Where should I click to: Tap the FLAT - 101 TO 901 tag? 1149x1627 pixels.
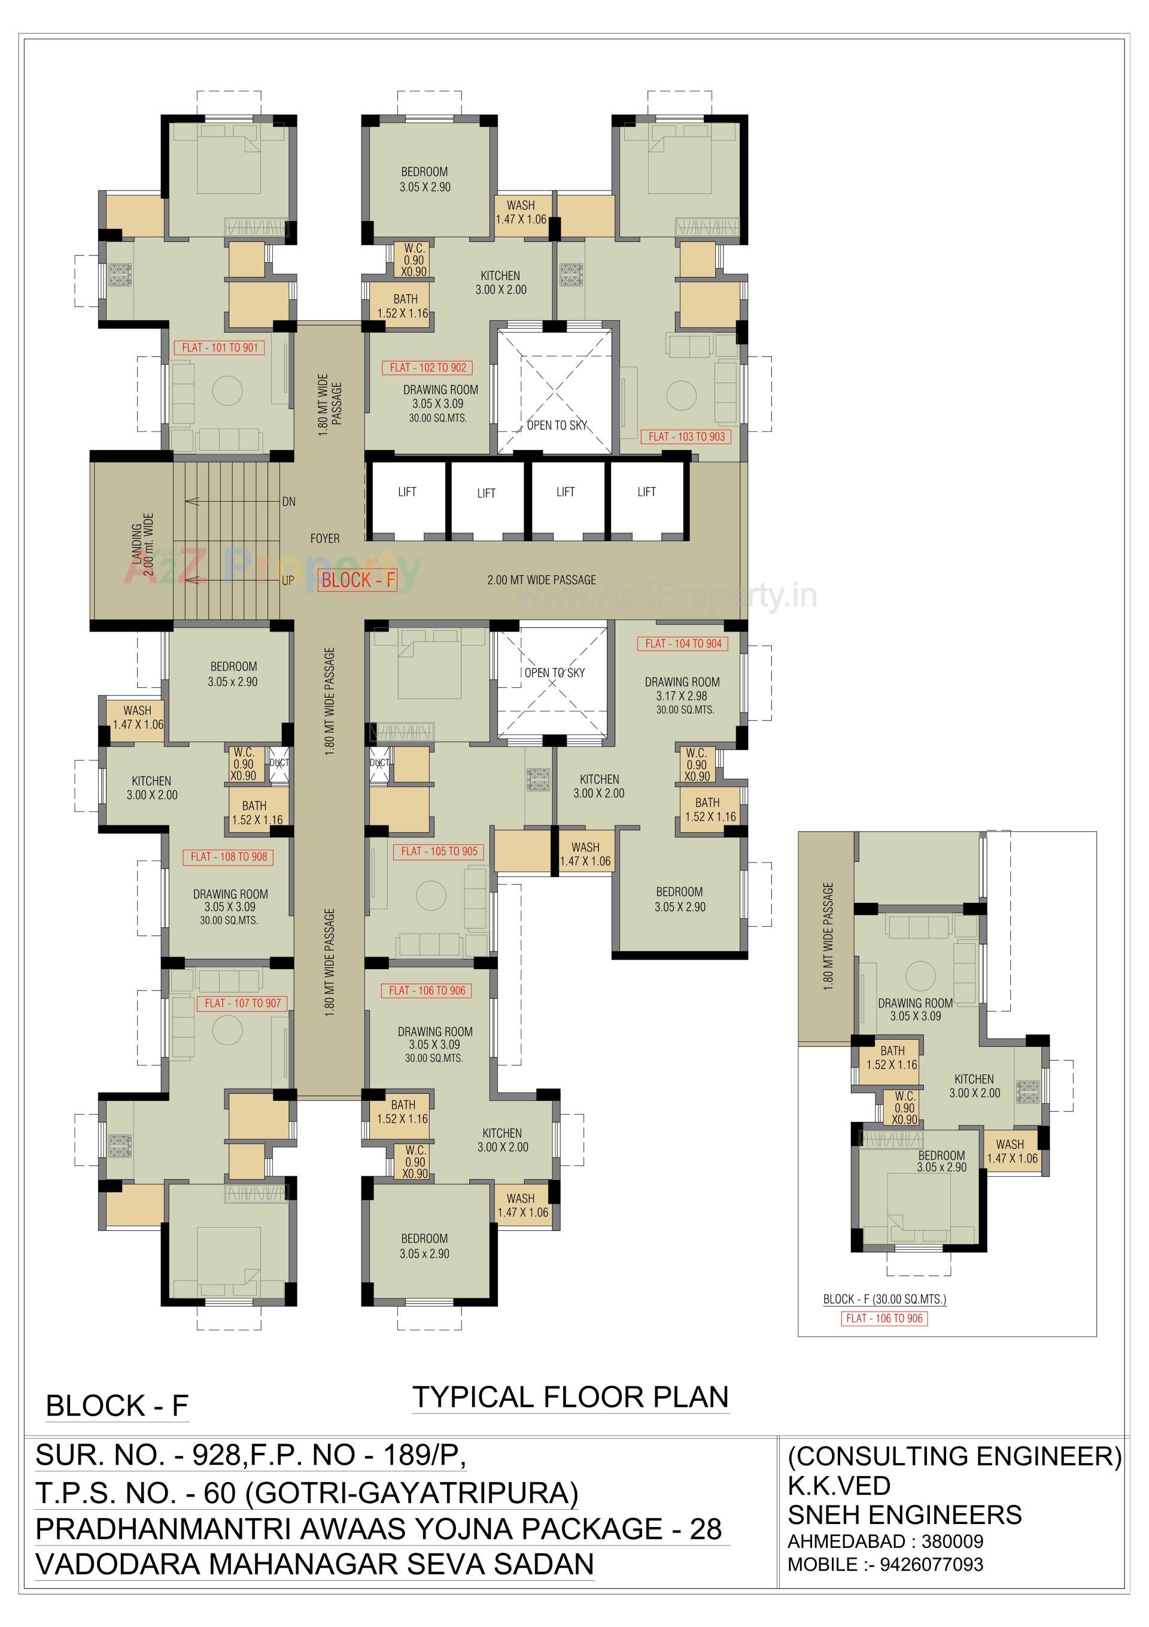(x=220, y=347)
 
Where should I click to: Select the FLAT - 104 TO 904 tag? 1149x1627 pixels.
(x=683, y=643)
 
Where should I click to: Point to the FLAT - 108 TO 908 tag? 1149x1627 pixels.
(x=229, y=857)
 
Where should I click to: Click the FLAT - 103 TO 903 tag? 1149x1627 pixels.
(x=686, y=436)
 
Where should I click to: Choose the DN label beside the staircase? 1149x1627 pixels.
(x=288, y=502)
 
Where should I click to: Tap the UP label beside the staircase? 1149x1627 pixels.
(x=288, y=581)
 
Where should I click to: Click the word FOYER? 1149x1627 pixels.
(x=324, y=539)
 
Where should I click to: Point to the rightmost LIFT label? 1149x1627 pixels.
(x=646, y=492)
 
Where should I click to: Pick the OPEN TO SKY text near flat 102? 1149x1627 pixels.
(x=557, y=425)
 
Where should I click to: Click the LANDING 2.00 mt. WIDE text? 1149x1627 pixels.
(x=142, y=544)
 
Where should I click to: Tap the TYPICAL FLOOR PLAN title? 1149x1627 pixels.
(x=570, y=1397)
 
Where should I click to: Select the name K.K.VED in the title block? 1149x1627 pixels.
(x=839, y=1485)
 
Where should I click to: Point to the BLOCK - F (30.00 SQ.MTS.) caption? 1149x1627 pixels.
(x=884, y=1299)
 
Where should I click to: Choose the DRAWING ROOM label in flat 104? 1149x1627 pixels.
(x=682, y=682)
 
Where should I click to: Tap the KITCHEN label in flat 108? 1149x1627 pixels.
(x=151, y=781)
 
